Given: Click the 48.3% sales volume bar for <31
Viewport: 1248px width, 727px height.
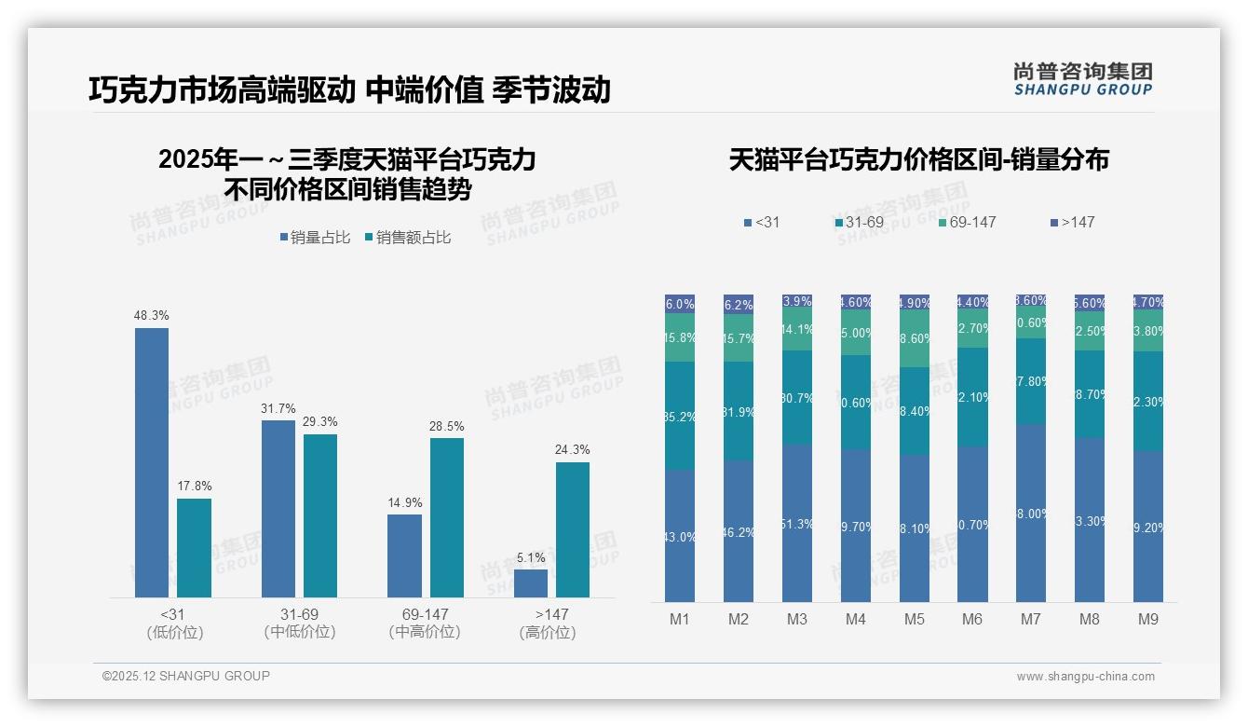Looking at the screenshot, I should point(152,461).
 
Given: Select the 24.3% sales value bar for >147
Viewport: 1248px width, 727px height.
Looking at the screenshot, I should point(573,529).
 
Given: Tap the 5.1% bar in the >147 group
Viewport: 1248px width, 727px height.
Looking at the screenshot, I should point(531,583).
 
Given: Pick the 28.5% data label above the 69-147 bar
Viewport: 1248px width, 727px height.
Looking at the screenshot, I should point(446,426).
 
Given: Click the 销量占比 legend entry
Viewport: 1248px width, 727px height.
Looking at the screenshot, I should point(314,238).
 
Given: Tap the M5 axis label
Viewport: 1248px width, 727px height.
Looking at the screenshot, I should point(914,619).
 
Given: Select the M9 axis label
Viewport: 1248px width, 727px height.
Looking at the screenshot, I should point(1147,619).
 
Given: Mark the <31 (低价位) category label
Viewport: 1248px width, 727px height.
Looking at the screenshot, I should point(175,623).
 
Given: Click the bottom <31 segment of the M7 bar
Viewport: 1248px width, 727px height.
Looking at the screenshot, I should point(1031,513).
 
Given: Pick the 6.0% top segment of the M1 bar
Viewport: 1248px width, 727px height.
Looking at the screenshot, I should point(680,304).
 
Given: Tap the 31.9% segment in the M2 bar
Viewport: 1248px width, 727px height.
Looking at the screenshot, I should point(739,411).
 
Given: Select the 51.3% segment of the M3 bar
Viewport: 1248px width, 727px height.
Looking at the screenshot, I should point(797,523).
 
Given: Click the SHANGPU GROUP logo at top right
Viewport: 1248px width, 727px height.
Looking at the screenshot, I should point(1082,79).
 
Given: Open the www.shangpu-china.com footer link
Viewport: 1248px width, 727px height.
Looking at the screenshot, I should point(1085,677).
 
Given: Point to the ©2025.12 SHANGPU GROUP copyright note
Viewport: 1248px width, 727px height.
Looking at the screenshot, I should point(186,676).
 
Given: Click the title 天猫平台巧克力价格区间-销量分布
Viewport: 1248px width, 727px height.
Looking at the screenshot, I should point(918,159).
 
